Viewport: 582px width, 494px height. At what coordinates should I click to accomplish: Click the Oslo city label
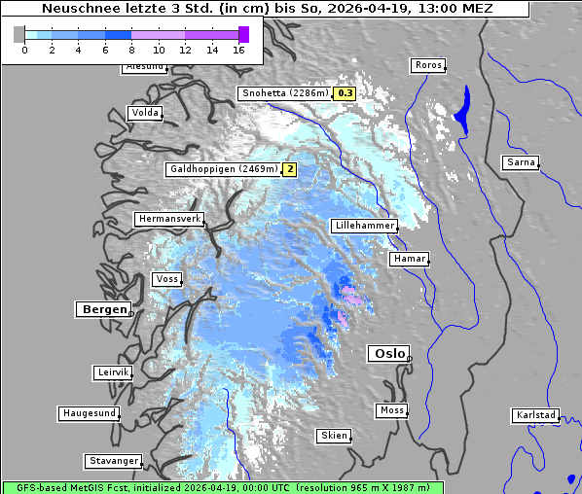coord(388,354)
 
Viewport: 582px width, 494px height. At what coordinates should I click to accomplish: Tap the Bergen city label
coord(102,309)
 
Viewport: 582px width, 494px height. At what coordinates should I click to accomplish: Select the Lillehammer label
coord(364,226)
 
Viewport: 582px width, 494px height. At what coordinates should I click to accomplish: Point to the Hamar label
coord(408,259)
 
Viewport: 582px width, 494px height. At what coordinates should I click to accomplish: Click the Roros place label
coord(427,65)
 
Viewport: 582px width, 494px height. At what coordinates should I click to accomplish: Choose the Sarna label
coord(521,162)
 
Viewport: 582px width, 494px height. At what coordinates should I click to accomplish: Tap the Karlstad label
coord(535,415)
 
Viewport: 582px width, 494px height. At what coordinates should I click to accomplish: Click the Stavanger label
coord(113,461)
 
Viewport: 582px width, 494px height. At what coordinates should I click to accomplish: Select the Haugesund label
coord(90,413)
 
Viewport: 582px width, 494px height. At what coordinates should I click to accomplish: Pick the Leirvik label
coord(112,372)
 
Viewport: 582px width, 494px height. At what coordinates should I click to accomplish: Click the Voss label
coord(167,279)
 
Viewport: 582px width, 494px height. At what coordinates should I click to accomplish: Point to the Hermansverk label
coord(168,220)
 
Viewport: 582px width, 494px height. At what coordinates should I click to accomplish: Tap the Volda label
coord(144,113)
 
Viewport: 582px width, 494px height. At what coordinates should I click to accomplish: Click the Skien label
coord(333,436)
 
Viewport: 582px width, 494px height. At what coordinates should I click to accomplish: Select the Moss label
coord(391,410)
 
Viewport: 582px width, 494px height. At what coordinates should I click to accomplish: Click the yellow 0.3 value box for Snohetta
coord(345,94)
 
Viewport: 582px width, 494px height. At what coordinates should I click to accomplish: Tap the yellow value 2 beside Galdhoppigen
coord(289,169)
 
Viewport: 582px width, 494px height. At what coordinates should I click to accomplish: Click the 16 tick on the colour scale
coord(239,50)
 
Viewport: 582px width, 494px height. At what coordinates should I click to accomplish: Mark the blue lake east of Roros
coord(461,107)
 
